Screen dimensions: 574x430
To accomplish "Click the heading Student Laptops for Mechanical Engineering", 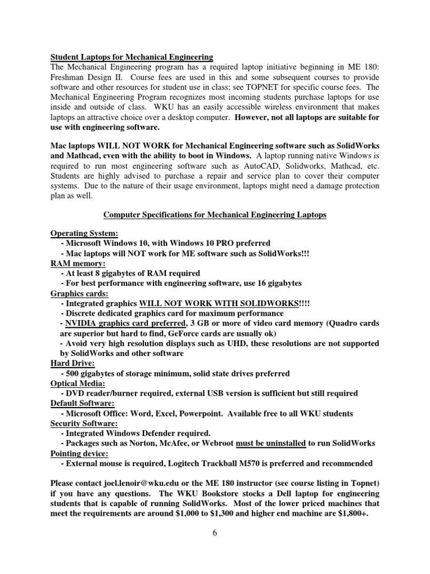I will (x=132, y=57).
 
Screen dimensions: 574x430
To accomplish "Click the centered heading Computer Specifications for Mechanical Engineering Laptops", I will (x=214, y=216).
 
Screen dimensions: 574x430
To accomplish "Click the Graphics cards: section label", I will (x=77, y=293).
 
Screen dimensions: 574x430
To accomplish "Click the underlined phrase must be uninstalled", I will (x=271, y=443).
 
